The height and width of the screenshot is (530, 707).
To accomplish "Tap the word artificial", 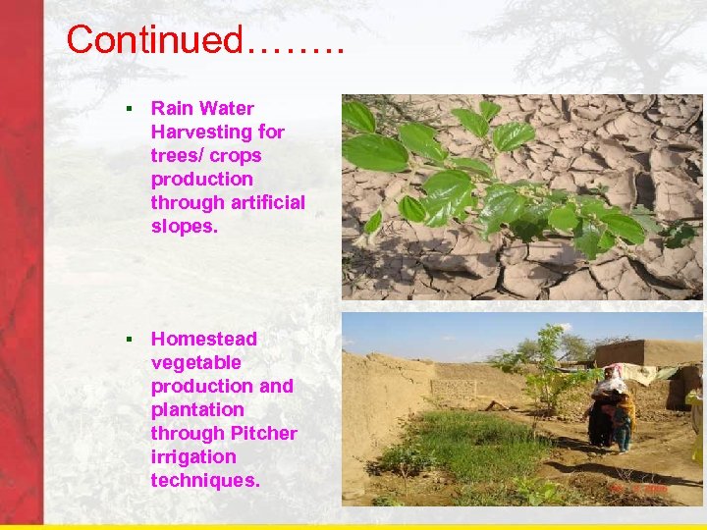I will point(268,203).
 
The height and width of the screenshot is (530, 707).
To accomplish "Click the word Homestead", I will point(204,340).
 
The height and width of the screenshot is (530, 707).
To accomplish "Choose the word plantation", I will point(197,410).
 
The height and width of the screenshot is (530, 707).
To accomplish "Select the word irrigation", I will point(193,457).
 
